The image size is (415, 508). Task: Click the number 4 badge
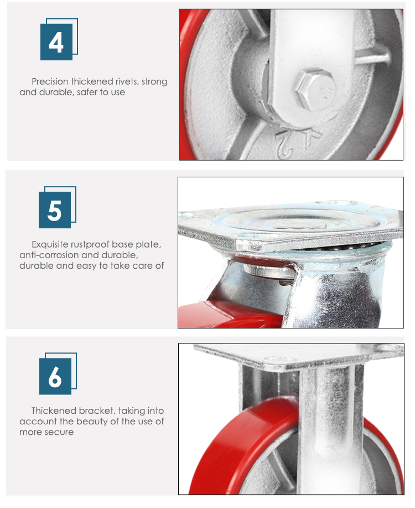coord(56,42)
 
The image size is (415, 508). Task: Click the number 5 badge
coord(55,211)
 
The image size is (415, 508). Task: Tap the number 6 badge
coord(55,377)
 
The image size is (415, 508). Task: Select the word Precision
coord(51,82)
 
